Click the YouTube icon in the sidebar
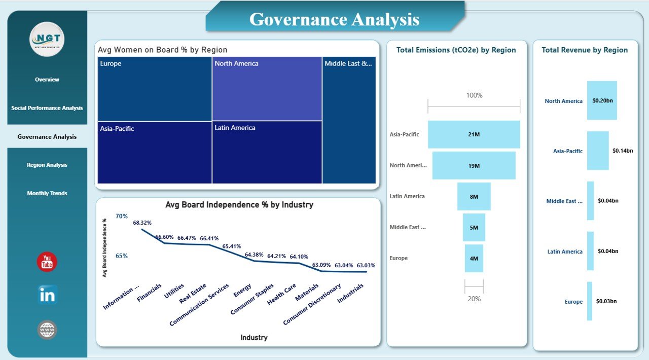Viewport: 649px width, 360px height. point(47,262)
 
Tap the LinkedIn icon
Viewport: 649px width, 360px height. point(47,295)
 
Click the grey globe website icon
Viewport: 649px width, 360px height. point(47,330)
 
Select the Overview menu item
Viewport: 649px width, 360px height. point(47,80)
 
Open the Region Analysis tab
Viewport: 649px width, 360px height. point(47,165)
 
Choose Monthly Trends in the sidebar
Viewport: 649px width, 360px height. point(47,193)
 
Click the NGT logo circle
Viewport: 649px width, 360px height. point(47,39)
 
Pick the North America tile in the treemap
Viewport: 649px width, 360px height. point(267,89)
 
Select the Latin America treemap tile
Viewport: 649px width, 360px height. point(267,152)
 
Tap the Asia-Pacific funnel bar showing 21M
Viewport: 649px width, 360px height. point(474,134)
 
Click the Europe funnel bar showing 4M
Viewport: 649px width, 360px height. point(474,258)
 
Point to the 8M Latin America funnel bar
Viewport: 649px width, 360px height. point(474,196)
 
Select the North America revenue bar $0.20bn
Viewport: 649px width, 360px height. point(602,100)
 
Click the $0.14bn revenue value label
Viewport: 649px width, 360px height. point(623,151)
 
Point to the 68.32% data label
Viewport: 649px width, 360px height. point(142,223)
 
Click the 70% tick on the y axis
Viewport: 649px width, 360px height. point(122,217)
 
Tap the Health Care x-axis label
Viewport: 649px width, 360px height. point(282,294)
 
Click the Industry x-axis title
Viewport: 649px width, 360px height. point(254,338)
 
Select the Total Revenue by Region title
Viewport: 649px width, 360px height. point(585,50)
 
